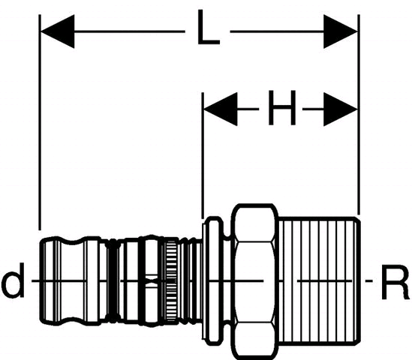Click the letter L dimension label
(x=208, y=27)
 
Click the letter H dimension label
(x=282, y=108)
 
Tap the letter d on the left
(x=13, y=280)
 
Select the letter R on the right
(x=395, y=282)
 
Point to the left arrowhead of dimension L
(x=58, y=31)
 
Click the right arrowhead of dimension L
(x=341, y=31)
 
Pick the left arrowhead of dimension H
(x=221, y=109)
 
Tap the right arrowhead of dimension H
(x=341, y=109)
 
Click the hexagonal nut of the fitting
(x=254, y=282)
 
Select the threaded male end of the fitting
(x=319, y=280)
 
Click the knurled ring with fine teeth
(x=171, y=280)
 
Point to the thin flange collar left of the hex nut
(x=213, y=280)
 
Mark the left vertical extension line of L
(x=40, y=122)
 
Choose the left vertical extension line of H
(x=203, y=155)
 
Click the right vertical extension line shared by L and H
(x=359, y=115)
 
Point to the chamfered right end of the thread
(x=357, y=280)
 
